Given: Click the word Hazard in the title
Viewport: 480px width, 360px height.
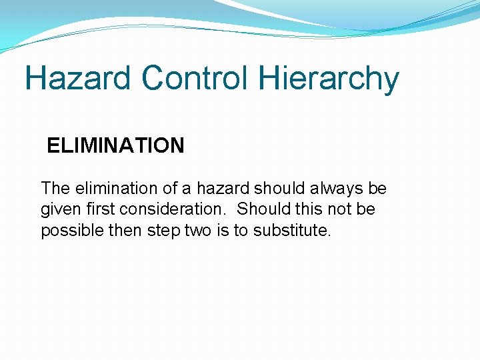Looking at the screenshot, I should coord(79,79).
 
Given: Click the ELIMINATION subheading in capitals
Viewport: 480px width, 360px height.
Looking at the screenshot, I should coord(115,145).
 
